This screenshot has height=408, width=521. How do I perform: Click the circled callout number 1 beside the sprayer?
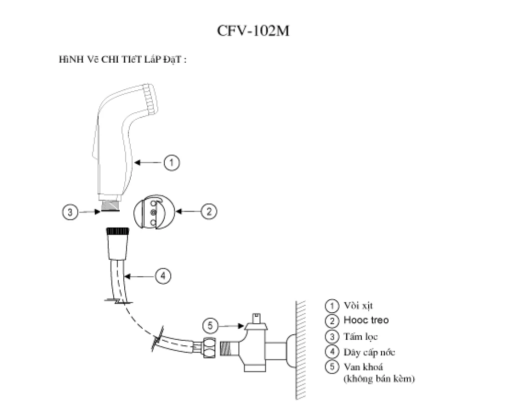172,162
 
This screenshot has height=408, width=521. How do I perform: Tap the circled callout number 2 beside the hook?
209,212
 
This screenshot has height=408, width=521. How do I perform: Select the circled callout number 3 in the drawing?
70,212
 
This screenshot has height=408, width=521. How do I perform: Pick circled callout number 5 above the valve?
211,326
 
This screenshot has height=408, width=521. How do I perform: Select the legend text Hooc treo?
366,320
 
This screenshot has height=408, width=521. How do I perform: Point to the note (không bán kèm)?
379,379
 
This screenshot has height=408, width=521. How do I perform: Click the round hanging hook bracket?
153,213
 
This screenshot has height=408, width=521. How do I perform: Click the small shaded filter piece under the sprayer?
111,205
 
